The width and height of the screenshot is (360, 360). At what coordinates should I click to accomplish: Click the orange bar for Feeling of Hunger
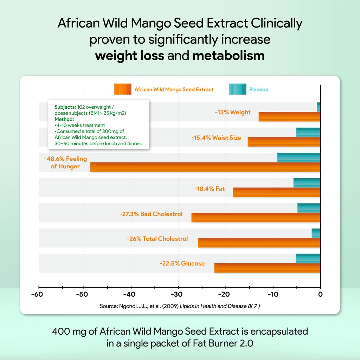[205, 167]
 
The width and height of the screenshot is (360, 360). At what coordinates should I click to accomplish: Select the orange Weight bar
[289, 117]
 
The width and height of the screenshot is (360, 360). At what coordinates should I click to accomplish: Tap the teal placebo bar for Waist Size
[308, 132]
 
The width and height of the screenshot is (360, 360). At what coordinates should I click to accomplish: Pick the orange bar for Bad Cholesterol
[256, 218]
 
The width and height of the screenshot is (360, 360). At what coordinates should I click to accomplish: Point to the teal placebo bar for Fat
[307, 183]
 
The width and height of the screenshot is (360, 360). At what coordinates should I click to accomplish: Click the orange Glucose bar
[267, 268]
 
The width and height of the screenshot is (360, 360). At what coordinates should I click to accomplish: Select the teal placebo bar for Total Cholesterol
[316, 233]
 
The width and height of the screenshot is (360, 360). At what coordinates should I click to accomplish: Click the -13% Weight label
[233, 112]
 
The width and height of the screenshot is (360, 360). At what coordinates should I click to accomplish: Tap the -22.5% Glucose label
[182, 263]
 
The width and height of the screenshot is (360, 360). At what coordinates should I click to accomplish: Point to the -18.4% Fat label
[210, 189]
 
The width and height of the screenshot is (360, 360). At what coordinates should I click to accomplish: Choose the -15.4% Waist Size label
[216, 138]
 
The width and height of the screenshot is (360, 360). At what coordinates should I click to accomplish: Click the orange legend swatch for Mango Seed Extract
[122, 89]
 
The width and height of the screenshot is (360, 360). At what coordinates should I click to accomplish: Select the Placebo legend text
[258, 90]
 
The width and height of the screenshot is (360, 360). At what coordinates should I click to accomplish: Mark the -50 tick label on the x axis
[84, 294]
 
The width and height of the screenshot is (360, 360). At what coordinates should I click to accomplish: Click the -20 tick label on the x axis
[225, 294]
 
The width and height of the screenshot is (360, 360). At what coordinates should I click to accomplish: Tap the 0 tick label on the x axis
[320, 294]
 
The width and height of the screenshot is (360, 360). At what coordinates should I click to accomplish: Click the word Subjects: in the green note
[65, 106]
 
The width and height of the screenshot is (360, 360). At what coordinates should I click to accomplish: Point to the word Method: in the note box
[64, 119]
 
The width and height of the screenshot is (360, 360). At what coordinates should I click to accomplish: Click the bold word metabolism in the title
[229, 55]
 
